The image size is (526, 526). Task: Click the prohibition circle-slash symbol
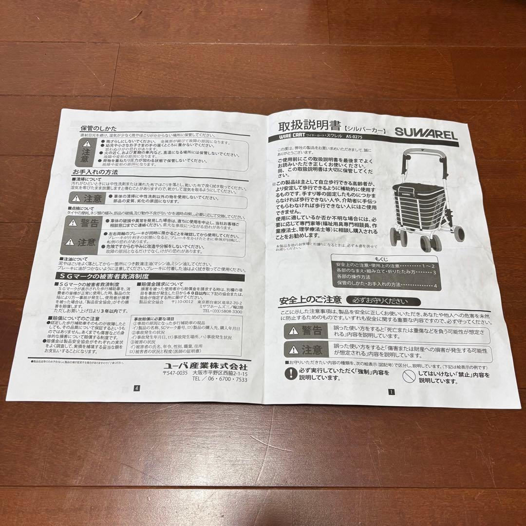[x=408, y=376]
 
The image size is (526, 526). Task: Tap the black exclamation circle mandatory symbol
[x=291, y=374]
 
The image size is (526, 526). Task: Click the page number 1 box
[x=391, y=391]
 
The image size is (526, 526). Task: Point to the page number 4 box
[x=137, y=388]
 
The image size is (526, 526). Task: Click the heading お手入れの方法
[x=95, y=172]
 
